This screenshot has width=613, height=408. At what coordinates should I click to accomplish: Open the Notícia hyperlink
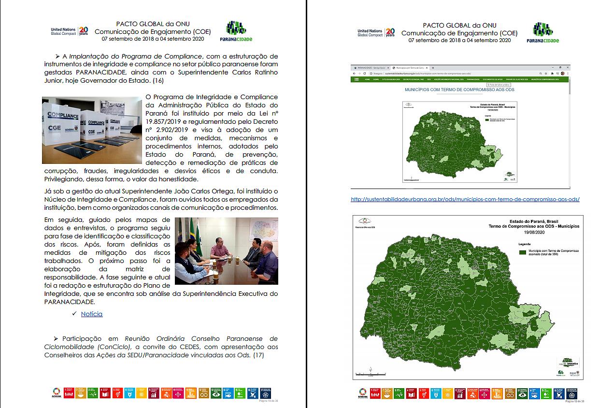click(x=92, y=314)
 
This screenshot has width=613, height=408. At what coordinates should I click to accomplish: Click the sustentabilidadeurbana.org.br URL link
click(x=465, y=199)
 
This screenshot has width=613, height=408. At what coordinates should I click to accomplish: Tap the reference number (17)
click(x=259, y=355)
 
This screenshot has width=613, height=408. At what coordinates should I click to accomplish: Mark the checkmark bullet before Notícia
click(x=74, y=314)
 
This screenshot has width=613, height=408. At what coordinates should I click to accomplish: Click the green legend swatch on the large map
click(x=522, y=252)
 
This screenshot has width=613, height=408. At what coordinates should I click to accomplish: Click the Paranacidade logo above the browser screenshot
click(x=542, y=33)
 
